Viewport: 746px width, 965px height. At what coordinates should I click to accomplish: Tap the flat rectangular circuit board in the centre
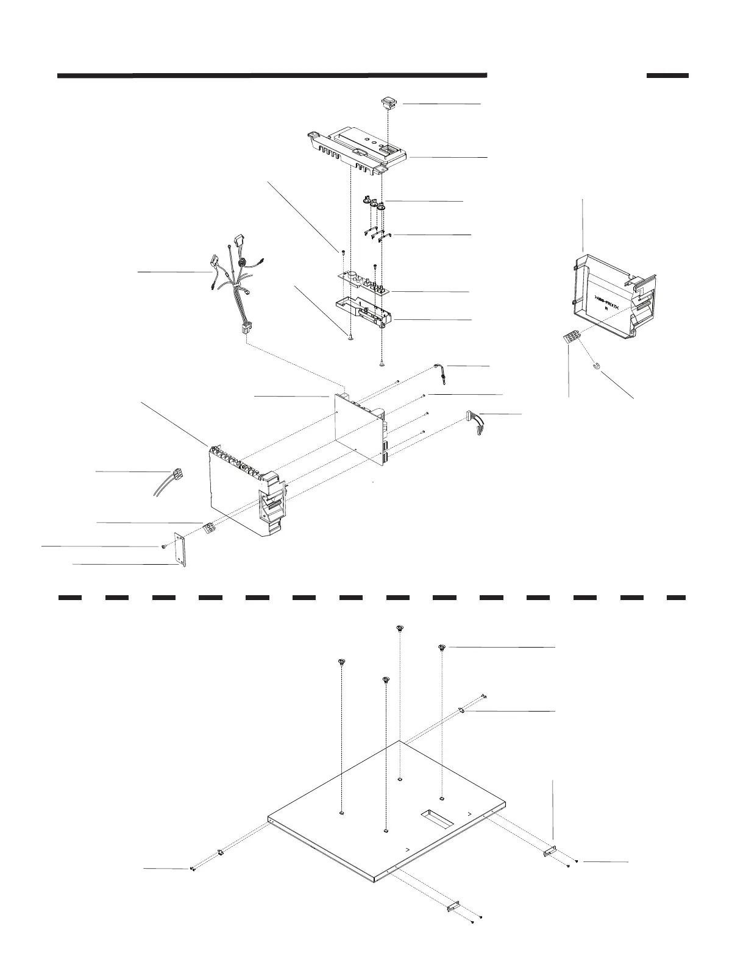[x=358, y=426]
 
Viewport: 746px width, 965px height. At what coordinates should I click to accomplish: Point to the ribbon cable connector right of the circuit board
[x=477, y=422]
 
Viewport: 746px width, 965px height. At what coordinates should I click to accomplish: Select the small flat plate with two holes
[x=180, y=550]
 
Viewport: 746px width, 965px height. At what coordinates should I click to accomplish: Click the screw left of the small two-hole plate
[x=165, y=547]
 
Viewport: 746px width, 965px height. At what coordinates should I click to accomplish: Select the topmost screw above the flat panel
[x=399, y=629]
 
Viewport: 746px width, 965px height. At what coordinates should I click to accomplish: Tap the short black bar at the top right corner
[x=667, y=76]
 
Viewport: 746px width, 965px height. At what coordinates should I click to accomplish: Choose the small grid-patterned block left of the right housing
[x=570, y=336]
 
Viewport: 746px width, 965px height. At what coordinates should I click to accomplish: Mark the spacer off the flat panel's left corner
[x=220, y=852]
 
